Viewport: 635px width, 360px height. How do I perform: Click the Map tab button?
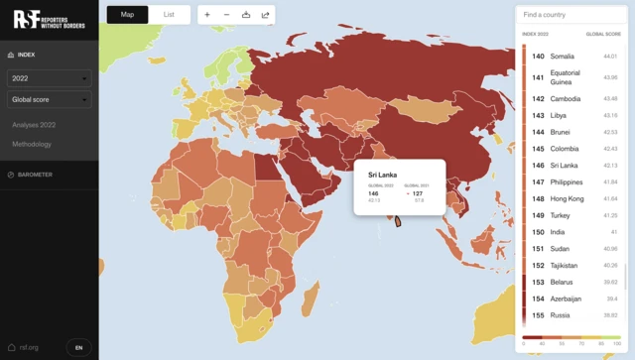(x=127, y=15)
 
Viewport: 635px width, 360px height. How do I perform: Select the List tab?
(x=169, y=15)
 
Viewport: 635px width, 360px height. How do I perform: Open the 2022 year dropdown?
(x=49, y=77)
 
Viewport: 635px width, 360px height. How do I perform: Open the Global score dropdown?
(x=49, y=99)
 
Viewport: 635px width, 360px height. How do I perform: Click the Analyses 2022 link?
(x=34, y=125)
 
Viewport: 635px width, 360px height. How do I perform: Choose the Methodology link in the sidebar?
(x=32, y=145)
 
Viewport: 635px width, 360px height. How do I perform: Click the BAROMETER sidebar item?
(x=35, y=175)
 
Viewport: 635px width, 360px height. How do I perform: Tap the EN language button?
(x=79, y=347)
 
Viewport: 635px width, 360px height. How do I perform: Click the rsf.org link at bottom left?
(x=24, y=347)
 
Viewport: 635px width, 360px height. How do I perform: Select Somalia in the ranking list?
(x=562, y=57)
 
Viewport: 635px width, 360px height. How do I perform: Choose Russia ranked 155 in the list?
(x=561, y=315)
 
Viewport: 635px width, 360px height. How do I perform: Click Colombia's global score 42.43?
(x=610, y=149)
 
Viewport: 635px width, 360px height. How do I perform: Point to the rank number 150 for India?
(x=538, y=231)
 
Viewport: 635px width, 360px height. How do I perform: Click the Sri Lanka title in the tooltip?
(x=382, y=175)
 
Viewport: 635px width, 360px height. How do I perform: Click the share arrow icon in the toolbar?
(x=265, y=15)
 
